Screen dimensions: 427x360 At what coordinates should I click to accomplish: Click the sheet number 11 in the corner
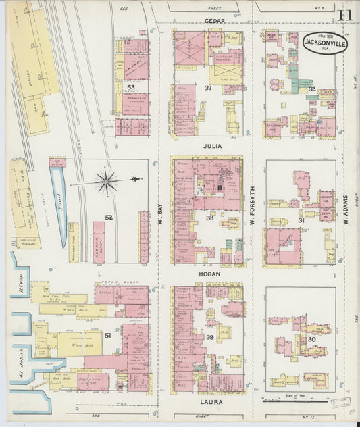pos(345,16)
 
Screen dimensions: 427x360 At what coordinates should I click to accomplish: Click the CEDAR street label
pos(215,21)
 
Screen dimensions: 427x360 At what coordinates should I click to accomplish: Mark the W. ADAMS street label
pos(345,203)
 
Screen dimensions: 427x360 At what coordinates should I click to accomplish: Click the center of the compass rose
pos(106,180)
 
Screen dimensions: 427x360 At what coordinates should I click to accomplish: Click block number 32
pos(311,89)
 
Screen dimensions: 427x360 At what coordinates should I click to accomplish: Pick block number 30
pos(311,340)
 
